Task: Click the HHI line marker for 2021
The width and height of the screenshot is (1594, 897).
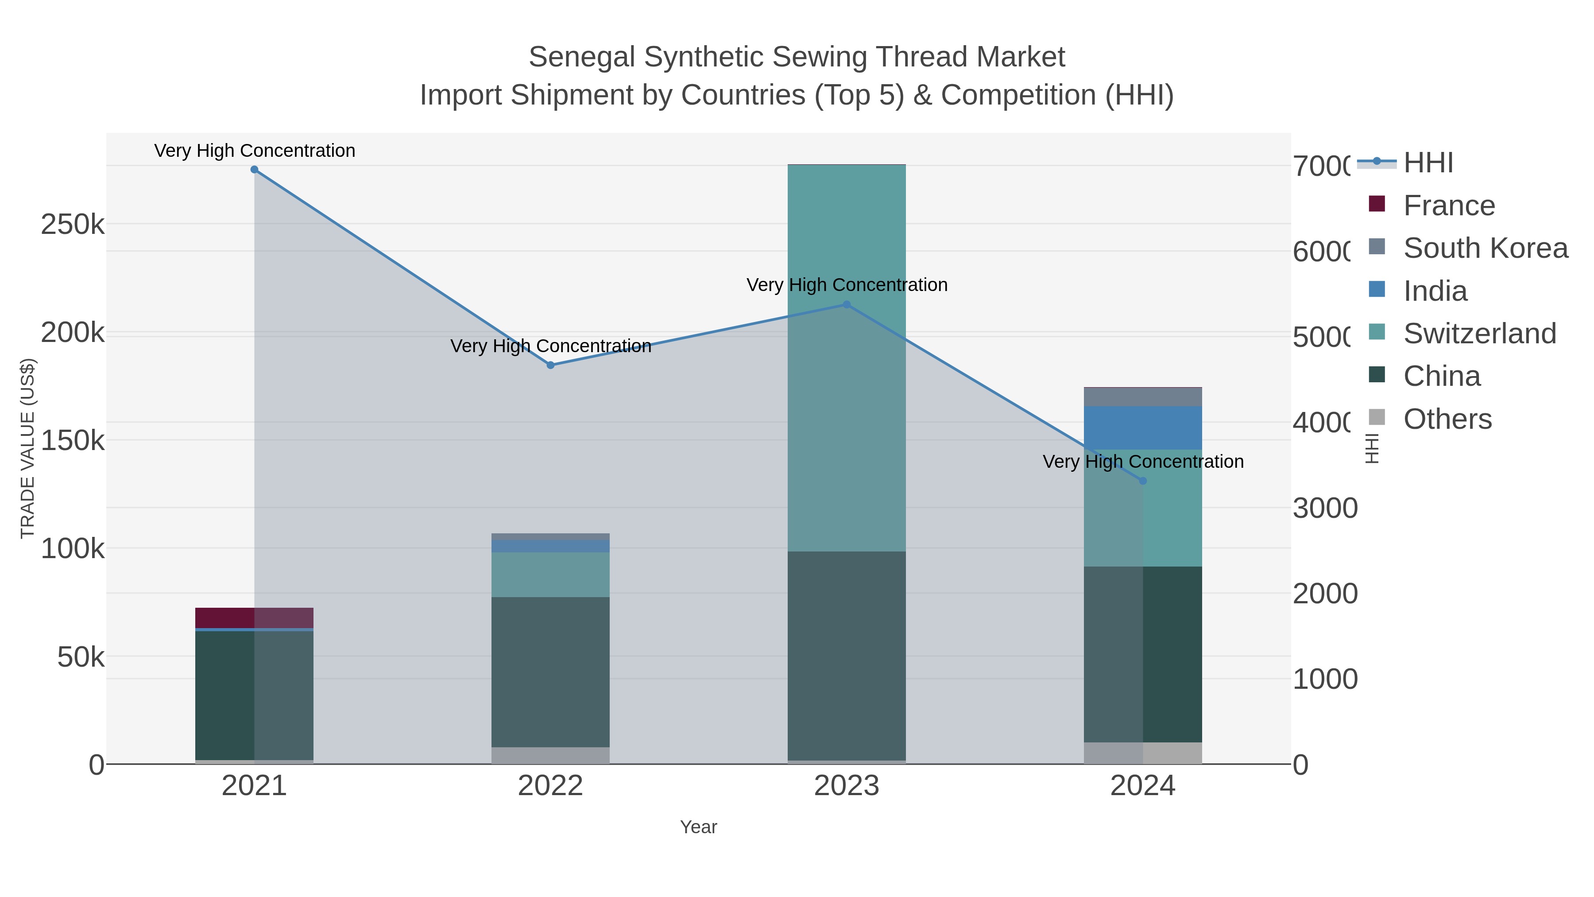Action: (254, 170)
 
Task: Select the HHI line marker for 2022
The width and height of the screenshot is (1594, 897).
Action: (551, 365)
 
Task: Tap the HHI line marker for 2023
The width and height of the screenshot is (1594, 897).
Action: (847, 305)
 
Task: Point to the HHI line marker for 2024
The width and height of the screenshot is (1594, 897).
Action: (1143, 481)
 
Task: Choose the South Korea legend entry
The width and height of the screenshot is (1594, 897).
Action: (1485, 248)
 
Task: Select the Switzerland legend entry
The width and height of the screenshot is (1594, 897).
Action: (1479, 334)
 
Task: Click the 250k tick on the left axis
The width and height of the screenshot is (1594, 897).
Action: (73, 225)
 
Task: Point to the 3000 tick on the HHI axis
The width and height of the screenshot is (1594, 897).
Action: (1325, 508)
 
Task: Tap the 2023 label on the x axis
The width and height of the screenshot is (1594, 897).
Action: (847, 786)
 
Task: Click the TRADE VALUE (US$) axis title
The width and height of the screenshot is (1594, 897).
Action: (28, 448)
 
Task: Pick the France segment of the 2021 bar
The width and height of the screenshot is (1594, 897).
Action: (254, 618)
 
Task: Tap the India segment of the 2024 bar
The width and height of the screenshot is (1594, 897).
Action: (1143, 428)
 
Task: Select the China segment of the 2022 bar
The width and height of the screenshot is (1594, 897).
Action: (551, 672)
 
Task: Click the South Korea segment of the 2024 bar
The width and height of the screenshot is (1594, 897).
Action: (1143, 397)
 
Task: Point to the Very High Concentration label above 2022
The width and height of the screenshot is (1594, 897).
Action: (551, 346)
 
